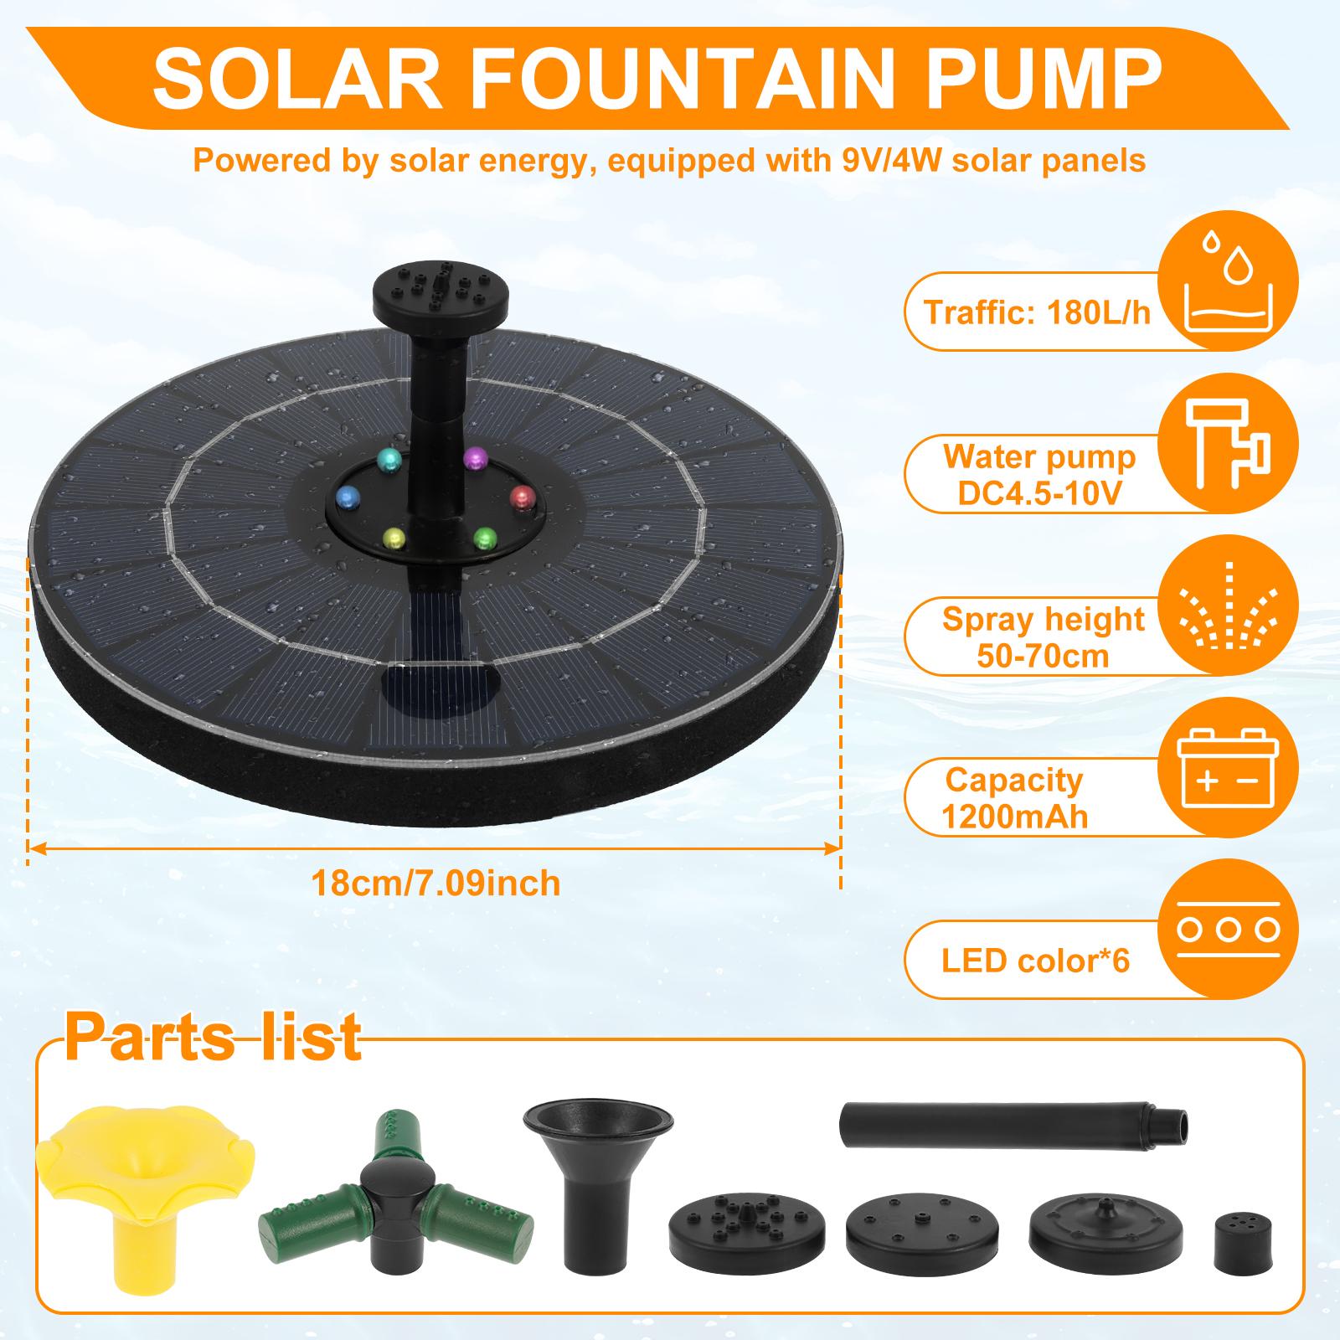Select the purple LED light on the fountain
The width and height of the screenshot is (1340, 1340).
[475, 456]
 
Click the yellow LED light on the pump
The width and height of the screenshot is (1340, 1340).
[392, 537]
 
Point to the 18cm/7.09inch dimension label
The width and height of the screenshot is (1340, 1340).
[435, 883]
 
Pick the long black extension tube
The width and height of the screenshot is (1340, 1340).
[1012, 1121]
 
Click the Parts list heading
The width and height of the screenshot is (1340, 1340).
[213, 1037]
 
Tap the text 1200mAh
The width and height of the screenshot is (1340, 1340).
[1014, 817]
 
